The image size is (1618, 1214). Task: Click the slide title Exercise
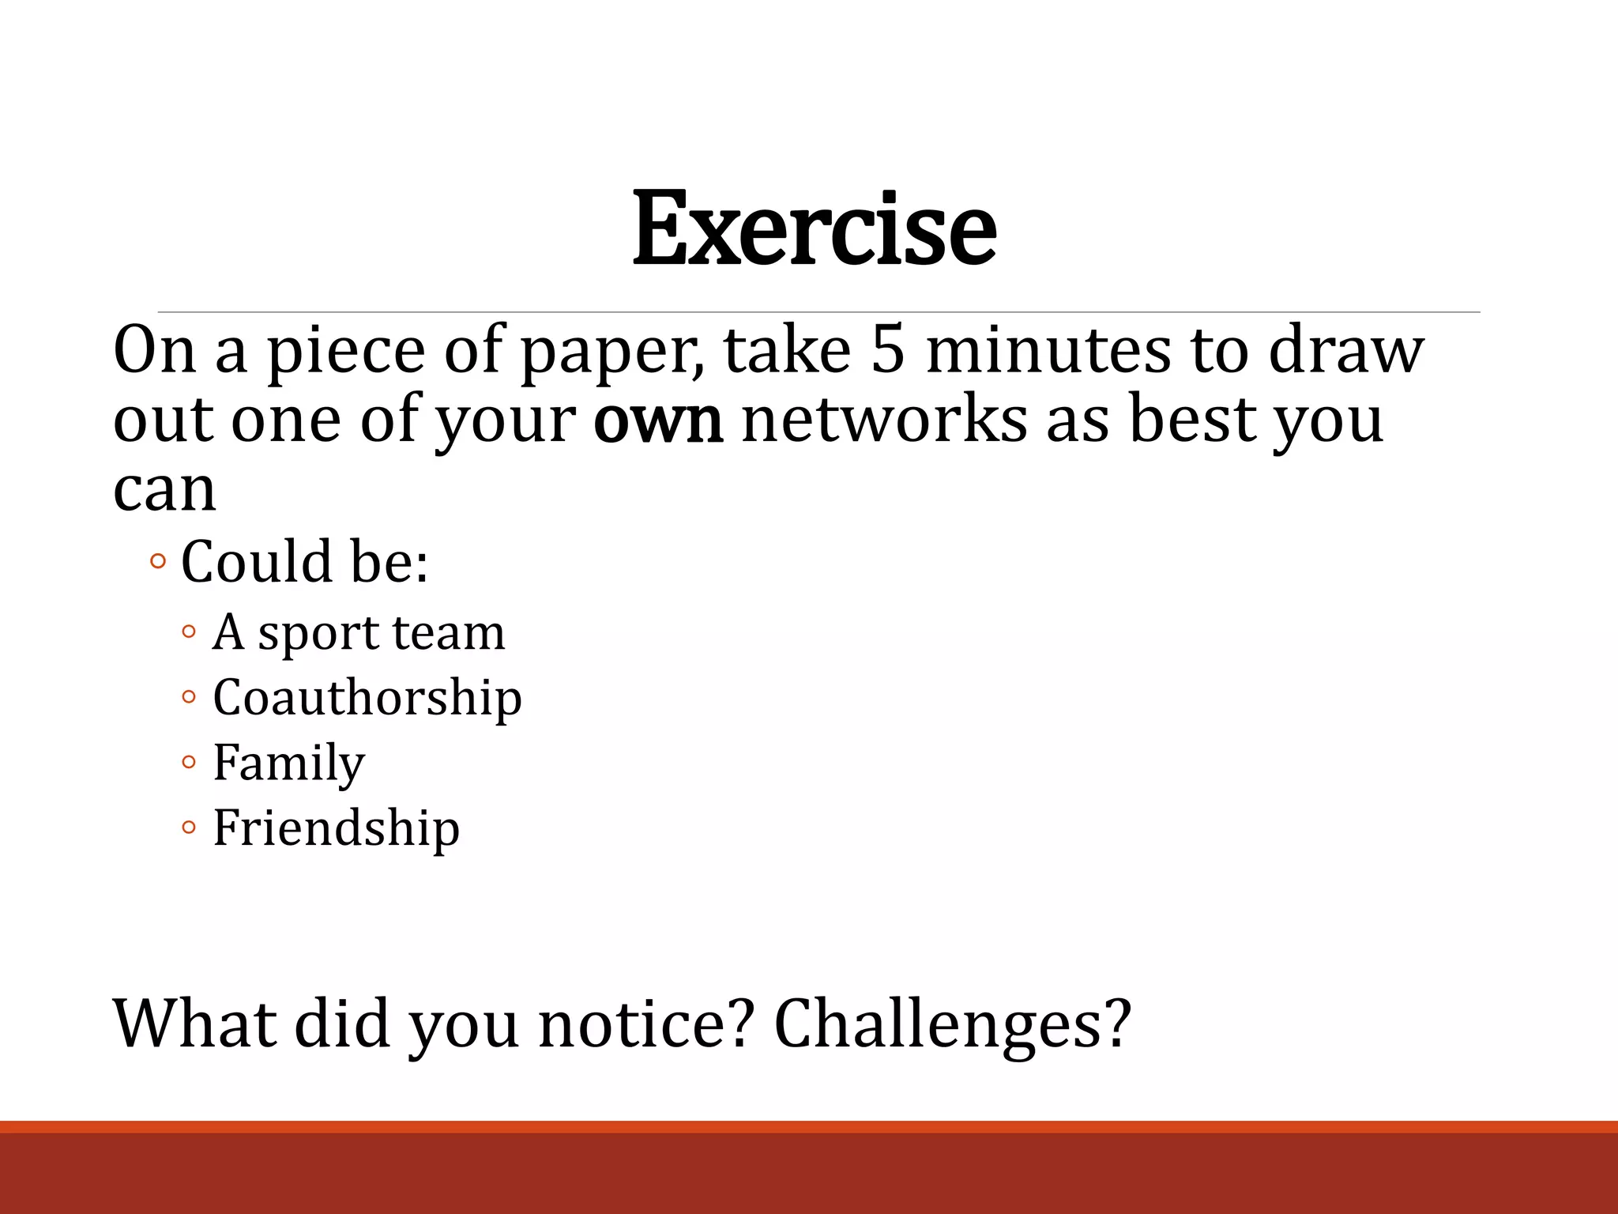click(814, 229)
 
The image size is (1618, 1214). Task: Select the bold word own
click(657, 420)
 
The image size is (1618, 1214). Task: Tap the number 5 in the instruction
click(887, 350)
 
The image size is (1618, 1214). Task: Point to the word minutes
click(1048, 350)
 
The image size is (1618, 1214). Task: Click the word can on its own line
click(164, 490)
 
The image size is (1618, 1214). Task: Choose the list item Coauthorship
click(367, 698)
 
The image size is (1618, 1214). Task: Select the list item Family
click(289, 763)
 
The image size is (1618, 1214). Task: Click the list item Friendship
click(337, 828)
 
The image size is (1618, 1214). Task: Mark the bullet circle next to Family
click(188, 763)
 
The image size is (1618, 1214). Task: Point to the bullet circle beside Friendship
click(188, 828)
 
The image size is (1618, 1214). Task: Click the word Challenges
click(952, 1024)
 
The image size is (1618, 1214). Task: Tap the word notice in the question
click(642, 1024)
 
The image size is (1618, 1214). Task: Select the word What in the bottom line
click(195, 1024)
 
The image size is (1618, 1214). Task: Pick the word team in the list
click(448, 633)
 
